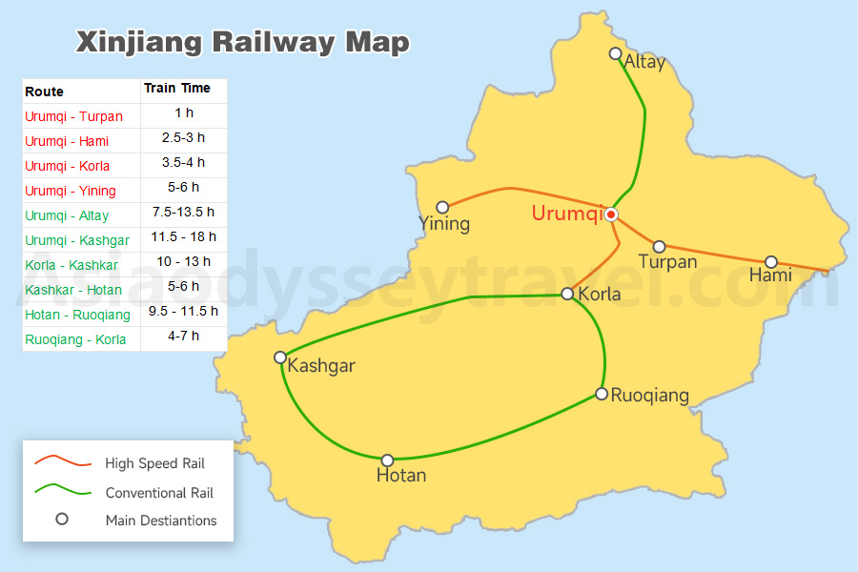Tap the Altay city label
tap(644, 63)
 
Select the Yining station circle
tap(442, 207)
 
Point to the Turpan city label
tap(667, 261)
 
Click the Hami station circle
tap(771, 262)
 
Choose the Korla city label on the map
tap(600, 294)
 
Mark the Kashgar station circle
tap(280, 357)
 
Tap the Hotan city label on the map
tap(401, 475)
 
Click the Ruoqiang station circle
tap(602, 394)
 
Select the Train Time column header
tap(177, 89)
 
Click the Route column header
tap(45, 92)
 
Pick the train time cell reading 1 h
tap(184, 113)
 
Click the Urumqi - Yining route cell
tap(71, 191)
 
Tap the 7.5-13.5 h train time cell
tap(184, 212)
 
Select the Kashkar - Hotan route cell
tap(72, 290)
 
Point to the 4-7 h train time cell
tap(182, 336)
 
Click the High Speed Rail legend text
tap(154, 463)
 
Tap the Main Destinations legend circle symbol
tap(62, 520)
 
